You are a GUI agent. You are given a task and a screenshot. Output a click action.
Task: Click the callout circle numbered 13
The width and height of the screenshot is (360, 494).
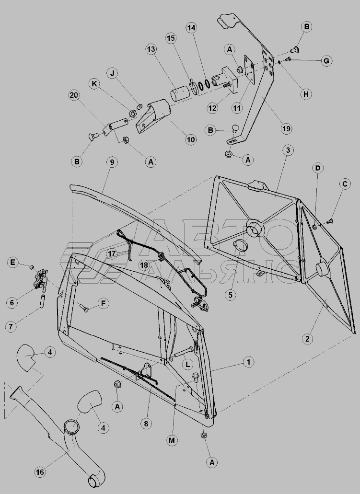pos(151,49)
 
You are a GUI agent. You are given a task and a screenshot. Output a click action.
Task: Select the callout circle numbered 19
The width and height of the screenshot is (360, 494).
pos(286,128)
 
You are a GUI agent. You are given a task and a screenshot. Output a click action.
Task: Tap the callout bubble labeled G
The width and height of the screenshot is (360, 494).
pos(326,60)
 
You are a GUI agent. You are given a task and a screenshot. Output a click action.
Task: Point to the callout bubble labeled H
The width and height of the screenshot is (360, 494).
pos(306,94)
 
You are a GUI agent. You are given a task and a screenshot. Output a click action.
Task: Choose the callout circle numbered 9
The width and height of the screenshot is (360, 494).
pos(112,162)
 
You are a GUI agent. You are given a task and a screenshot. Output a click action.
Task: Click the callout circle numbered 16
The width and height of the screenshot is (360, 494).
pos(40,471)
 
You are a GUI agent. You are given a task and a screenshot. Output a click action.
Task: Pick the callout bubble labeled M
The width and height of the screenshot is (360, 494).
pos(172,440)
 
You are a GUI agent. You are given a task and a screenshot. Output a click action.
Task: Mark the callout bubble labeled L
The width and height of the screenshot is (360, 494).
pos(187,365)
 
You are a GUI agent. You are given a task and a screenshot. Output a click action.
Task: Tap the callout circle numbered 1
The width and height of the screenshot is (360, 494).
pos(249,362)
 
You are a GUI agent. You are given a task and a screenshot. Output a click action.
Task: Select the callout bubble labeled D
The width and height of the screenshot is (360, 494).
pos(317,168)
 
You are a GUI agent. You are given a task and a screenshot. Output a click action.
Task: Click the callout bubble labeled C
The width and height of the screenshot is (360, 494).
pos(345,184)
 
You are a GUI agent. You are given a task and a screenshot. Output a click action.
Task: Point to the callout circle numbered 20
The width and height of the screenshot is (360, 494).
pos(74,95)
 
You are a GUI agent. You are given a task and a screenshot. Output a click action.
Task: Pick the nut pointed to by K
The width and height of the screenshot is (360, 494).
pos(133,112)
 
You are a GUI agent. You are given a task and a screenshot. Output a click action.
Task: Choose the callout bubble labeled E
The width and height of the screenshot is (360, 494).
pos(12,263)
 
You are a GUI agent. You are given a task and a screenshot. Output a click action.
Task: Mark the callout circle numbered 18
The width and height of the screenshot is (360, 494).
pos(144,265)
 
